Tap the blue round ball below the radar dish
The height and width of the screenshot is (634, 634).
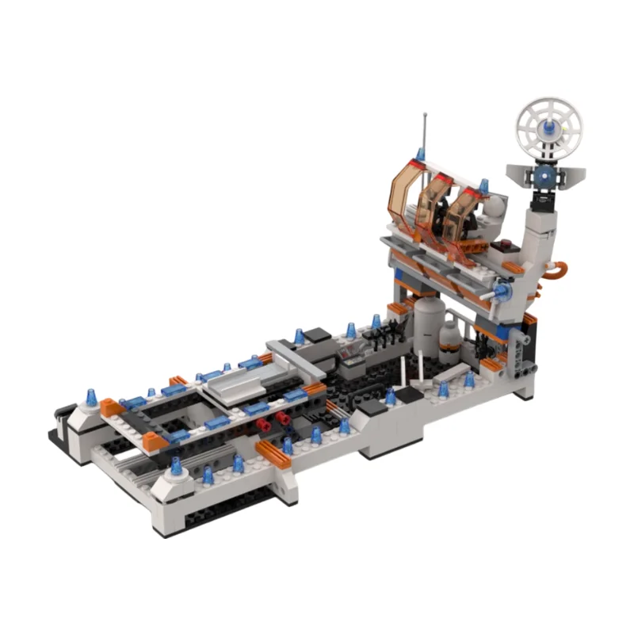click(x=545, y=176)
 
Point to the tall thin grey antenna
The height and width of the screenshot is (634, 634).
click(x=426, y=131)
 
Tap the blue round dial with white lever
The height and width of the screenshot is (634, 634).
click(x=502, y=293)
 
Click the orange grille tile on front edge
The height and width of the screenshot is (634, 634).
click(x=273, y=454)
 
